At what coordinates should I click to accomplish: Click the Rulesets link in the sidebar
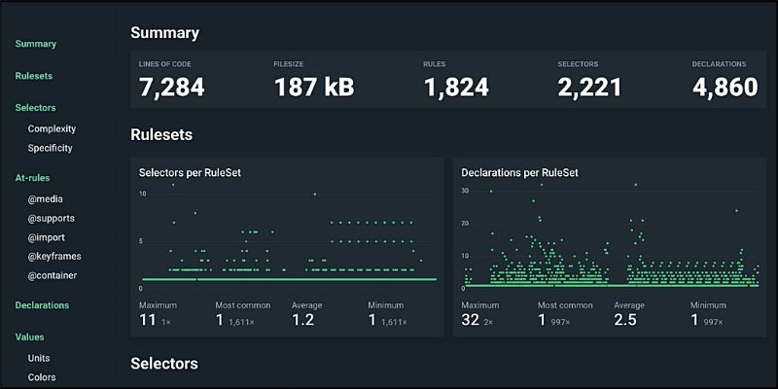point(34,76)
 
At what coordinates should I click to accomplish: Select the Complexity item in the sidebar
point(52,128)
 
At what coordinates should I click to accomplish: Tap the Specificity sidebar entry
point(51,148)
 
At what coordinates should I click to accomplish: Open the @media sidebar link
point(46,199)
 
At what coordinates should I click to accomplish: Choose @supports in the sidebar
point(52,218)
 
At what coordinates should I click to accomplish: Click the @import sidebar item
point(47,237)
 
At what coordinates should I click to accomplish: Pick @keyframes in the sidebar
point(54,257)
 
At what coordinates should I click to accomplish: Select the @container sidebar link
point(53,275)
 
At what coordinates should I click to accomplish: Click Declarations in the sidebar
point(42,305)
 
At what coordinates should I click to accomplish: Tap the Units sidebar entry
point(40,358)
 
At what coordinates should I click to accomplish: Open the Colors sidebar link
point(42,377)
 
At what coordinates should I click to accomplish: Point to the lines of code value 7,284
point(172,88)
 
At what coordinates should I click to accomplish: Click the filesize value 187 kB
point(313,88)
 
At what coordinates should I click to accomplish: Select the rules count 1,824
point(457,88)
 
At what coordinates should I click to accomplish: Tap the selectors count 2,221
point(589,88)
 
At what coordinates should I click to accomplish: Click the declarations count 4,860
point(725,88)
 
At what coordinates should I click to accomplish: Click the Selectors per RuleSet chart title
point(191,172)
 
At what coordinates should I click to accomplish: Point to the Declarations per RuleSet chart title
point(520,172)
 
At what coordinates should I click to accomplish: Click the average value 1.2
point(303,319)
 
